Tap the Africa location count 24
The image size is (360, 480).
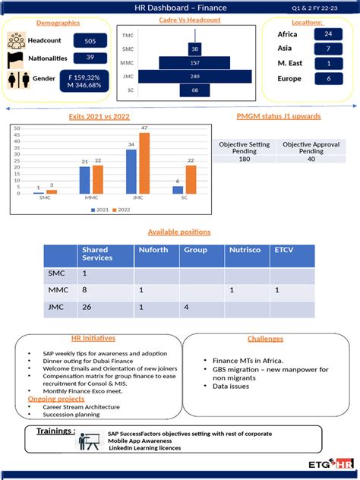pyautogui.click(x=327, y=35)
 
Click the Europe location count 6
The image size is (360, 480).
pyautogui.click(x=327, y=78)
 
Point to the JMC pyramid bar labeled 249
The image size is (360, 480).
pyautogui.click(x=195, y=77)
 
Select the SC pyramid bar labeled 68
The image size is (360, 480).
pyautogui.click(x=195, y=91)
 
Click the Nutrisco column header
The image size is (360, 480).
pyautogui.click(x=246, y=250)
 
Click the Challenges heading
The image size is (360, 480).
pyautogui.click(x=265, y=339)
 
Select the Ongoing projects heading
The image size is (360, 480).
pyautogui.click(x=56, y=398)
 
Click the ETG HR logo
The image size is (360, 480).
pyautogui.click(x=332, y=463)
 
